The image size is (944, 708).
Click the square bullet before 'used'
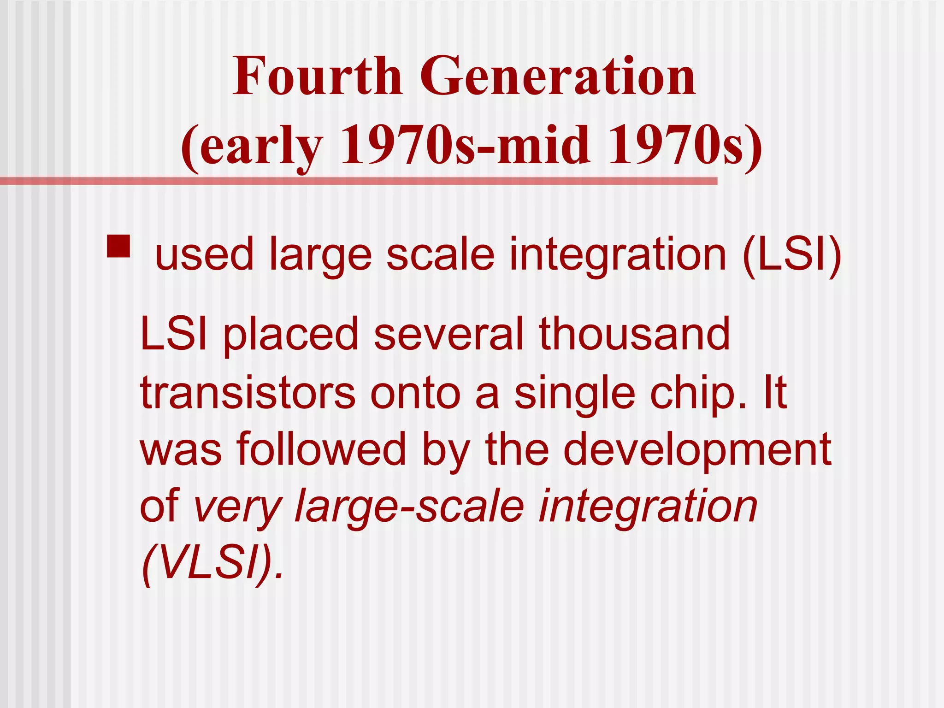pos(118,246)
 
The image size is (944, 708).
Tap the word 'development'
pos(697,449)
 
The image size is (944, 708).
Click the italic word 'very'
pos(238,507)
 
